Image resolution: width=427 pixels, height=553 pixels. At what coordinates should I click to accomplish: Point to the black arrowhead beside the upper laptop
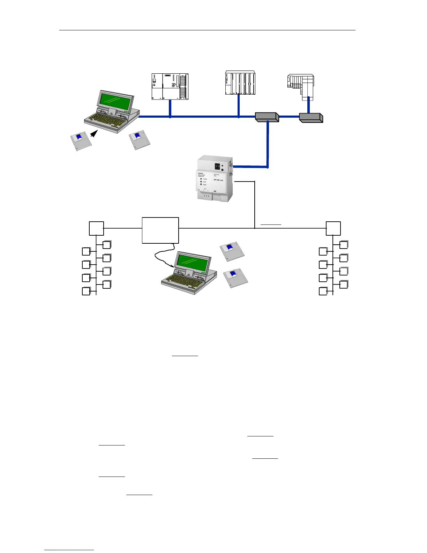point(94,133)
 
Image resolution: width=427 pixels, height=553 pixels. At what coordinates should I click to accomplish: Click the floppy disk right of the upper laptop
point(140,140)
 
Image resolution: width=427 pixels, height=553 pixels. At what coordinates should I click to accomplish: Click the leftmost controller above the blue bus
point(170,86)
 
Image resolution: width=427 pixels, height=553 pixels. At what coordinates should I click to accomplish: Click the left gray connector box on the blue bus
point(267,117)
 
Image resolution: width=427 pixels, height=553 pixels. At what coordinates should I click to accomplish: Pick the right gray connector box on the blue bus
point(311,118)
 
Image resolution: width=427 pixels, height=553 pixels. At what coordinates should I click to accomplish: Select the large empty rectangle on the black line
point(160,230)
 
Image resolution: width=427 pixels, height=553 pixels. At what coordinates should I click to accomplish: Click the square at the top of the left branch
point(96,228)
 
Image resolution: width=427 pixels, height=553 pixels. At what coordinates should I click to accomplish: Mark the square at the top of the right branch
point(333,228)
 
